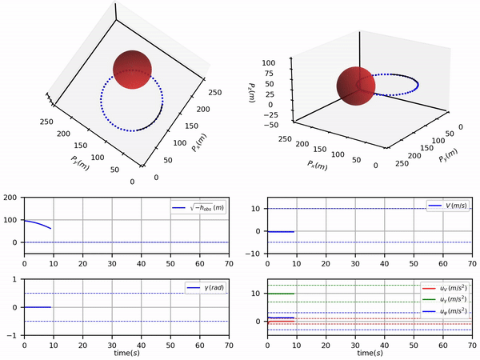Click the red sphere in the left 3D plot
[132, 70]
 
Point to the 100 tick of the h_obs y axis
[10, 219]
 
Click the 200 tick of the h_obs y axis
[10, 197]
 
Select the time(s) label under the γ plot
[126, 353]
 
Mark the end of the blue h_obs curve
[50, 229]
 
